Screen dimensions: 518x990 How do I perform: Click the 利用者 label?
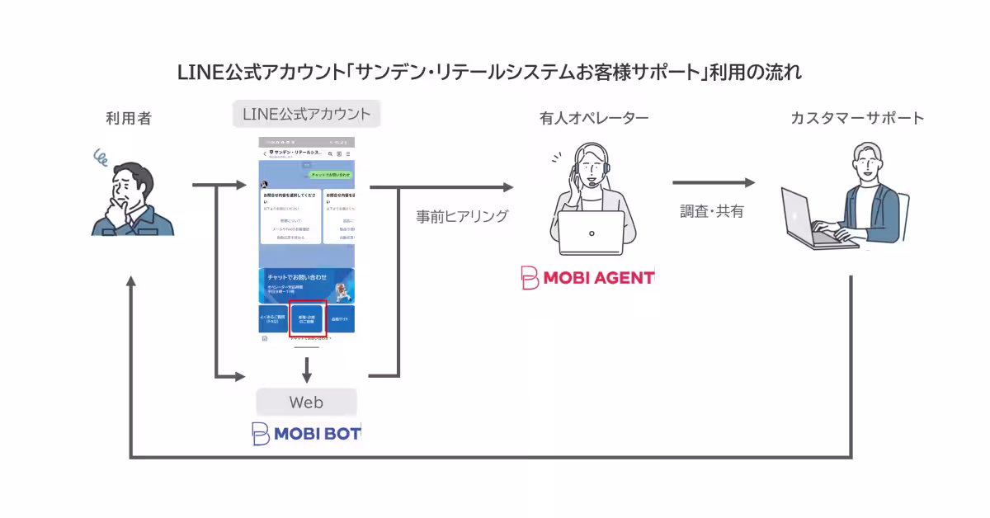click(x=128, y=119)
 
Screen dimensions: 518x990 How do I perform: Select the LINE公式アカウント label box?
click(x=306, y=114)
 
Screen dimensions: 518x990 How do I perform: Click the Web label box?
click(x=306, y=403)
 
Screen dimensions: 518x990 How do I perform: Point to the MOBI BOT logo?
click(x=306, y=434)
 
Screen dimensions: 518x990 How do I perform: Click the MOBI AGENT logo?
click(x=587, y=278)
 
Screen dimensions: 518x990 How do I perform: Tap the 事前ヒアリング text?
click(x=462, y=217)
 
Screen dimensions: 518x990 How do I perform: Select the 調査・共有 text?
click(x=711, y=211)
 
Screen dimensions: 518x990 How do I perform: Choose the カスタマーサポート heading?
click(x=857, y=119)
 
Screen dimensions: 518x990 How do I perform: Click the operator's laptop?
click(x=592, y=233)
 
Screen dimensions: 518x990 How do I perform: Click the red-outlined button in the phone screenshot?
click(x=308, y=318)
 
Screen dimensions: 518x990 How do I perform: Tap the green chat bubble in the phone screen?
click(x=331, y=175)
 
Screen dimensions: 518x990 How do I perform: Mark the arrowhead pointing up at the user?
click(x=130, y=282)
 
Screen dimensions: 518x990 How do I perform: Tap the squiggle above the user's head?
click(x=102, y=154)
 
